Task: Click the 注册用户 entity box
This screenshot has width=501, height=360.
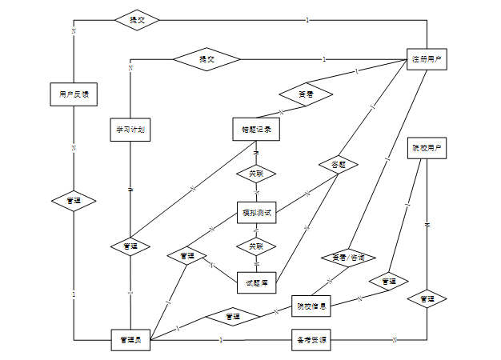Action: coord(427,60)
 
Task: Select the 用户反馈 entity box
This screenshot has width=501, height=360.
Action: coord(74,94)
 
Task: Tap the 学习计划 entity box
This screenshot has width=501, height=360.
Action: coord(130,128)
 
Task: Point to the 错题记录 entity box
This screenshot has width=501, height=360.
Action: coord(256,128)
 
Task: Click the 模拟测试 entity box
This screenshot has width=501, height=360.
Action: coord(257,212)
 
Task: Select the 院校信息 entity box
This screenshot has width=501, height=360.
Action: coord(311,305)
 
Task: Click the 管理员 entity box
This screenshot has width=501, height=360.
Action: coord(130,340)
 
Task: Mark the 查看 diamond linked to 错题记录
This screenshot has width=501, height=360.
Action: coord(305,94)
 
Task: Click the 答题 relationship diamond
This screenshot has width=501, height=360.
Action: coord(337,164)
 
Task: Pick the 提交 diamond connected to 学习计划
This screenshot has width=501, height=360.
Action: coord(206,58)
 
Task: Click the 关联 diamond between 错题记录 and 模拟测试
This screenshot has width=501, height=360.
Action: coord(256,173)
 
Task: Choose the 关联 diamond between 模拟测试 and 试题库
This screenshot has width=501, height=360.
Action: coord(256,246)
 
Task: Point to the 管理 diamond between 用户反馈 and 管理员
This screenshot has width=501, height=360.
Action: coord(74,200)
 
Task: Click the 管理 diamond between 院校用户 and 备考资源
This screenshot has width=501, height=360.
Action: coord(427,299)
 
